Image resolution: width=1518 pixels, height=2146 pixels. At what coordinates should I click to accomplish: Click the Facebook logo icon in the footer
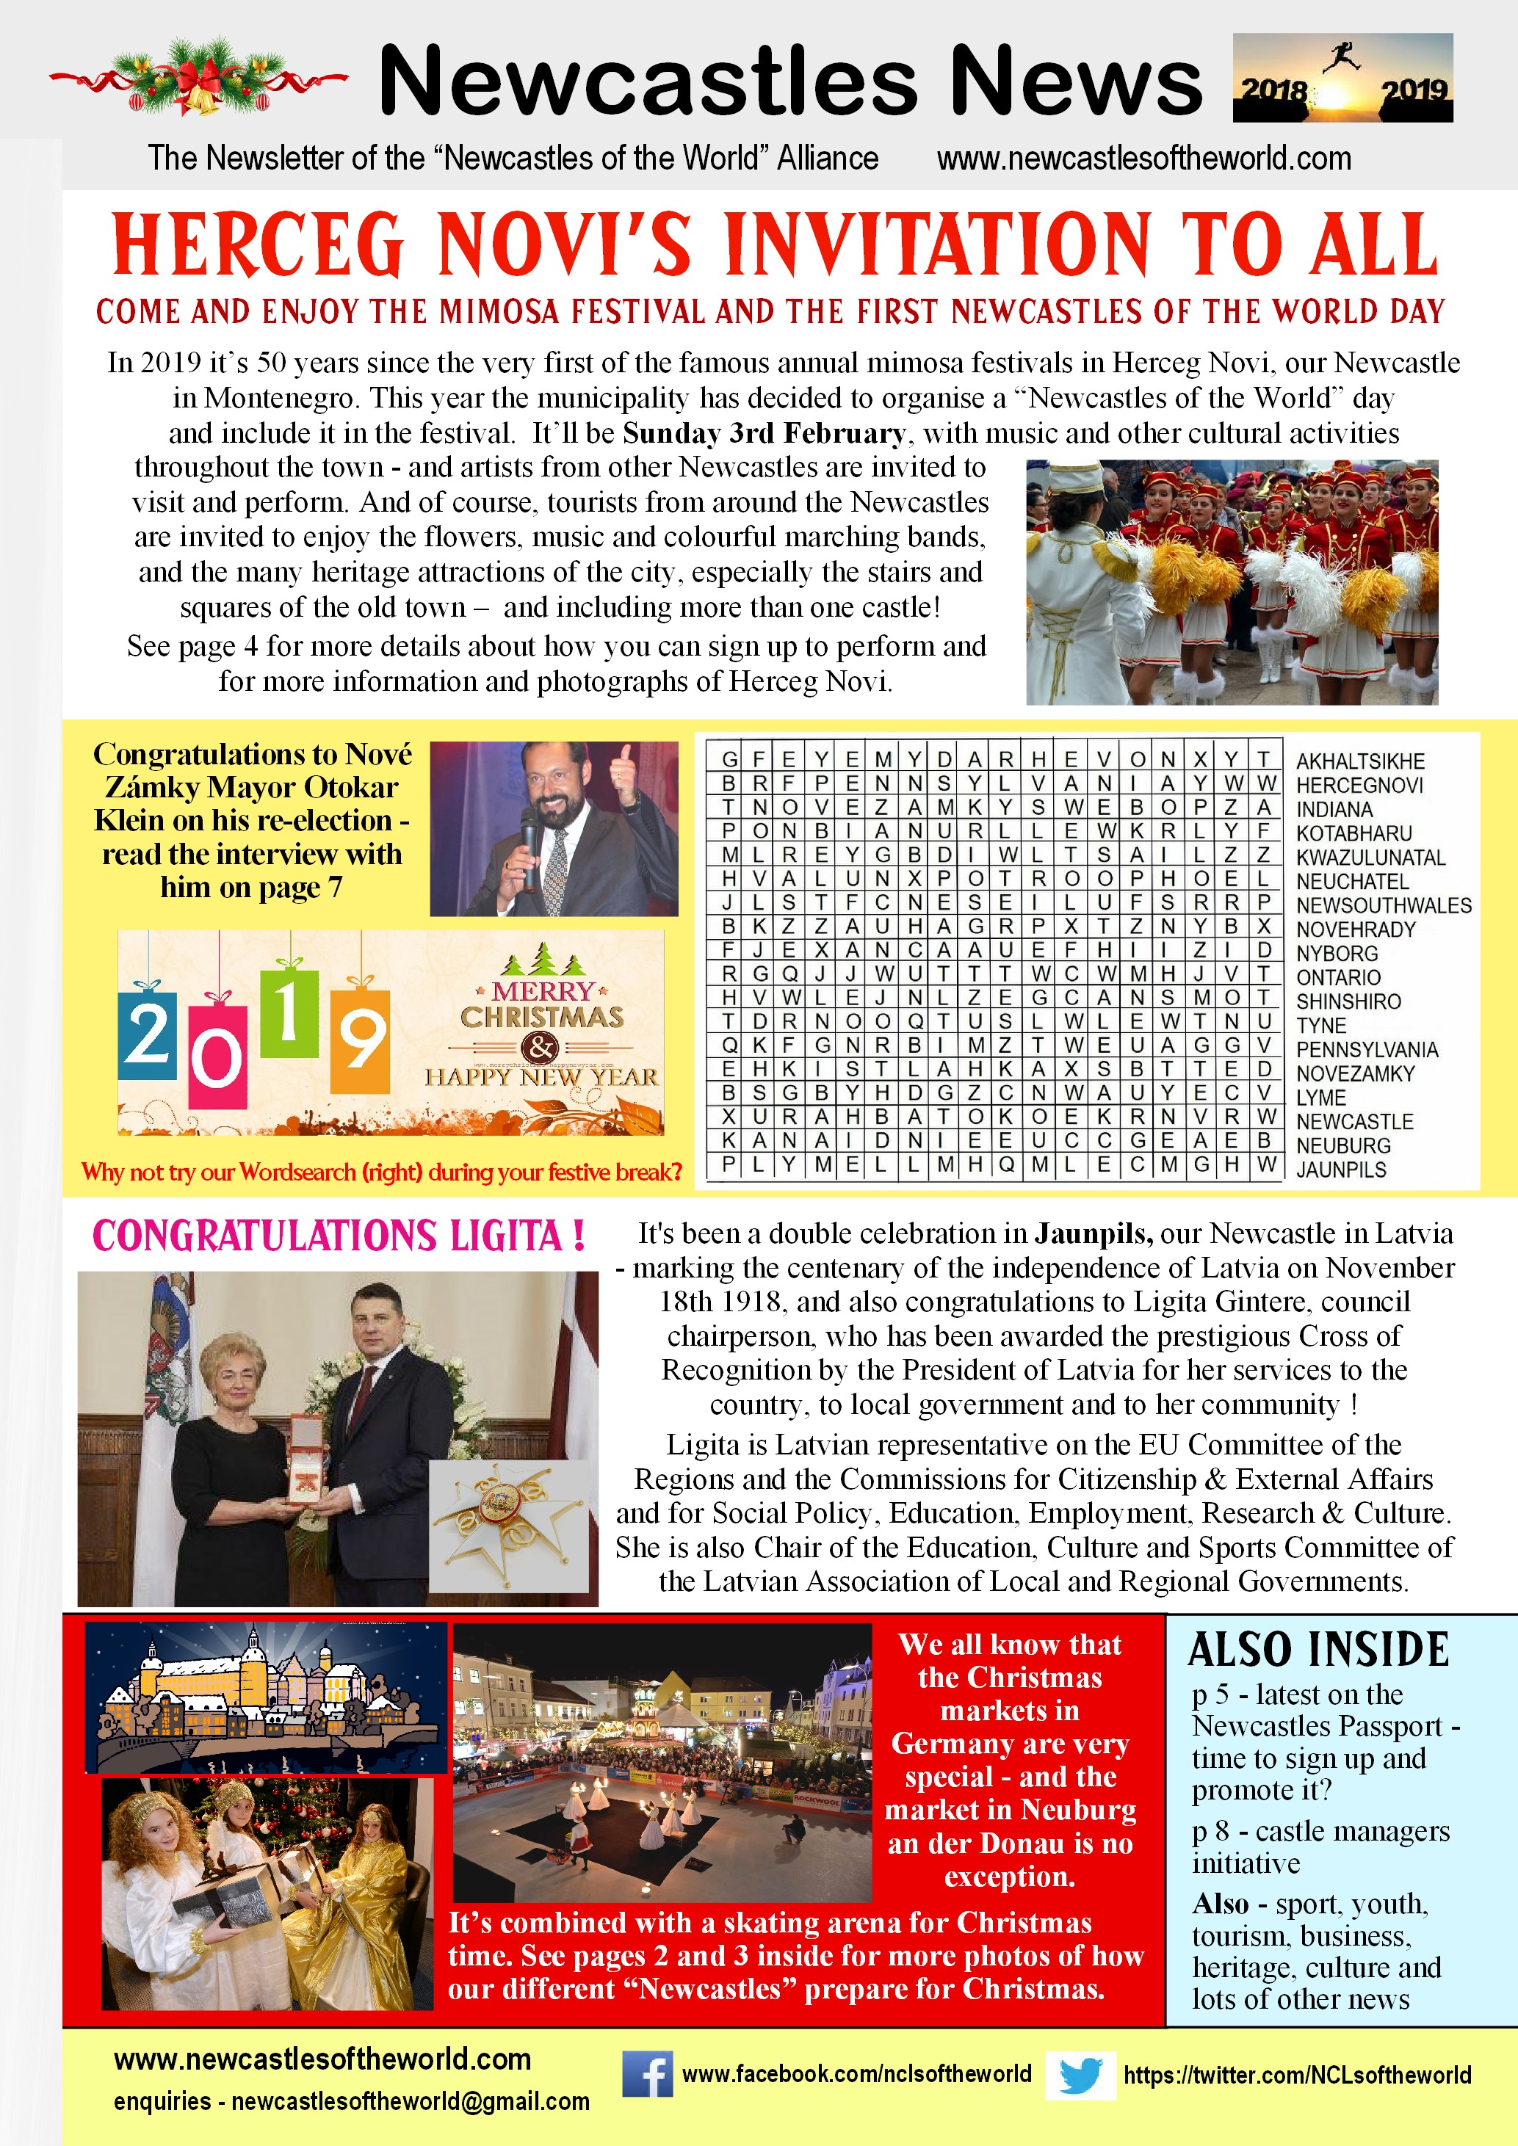tap(647, 2073)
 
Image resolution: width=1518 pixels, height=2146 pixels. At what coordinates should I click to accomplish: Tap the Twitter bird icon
tap(1080, 2075)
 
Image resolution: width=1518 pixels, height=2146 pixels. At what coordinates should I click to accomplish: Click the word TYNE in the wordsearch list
tap(1320, 1026)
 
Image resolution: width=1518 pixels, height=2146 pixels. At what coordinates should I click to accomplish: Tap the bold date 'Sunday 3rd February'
tap(764, 434)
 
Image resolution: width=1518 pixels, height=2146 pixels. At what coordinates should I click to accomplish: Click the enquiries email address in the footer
tap(411, 2102)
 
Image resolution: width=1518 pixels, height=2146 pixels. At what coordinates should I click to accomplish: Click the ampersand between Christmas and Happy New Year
tap(541, 1047)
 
